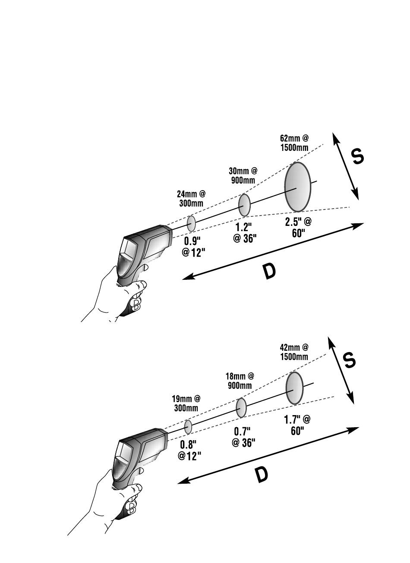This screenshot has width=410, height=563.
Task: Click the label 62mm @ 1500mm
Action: (x=294, y=143)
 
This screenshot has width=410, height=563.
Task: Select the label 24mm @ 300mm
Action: (x=191, y=199)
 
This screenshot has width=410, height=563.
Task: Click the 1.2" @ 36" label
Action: (x=244, y=233)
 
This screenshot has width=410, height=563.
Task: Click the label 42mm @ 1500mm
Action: (x=293, y=352)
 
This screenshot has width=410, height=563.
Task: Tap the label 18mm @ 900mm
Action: (x=240, y=381)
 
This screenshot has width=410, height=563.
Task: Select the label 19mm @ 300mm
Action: (x=186, y=403)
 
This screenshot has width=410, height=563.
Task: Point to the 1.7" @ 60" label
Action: (x=297, y=425)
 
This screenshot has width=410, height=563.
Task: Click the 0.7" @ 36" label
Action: (x=243, y=437)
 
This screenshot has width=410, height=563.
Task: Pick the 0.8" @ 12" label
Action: (x=189, y=450)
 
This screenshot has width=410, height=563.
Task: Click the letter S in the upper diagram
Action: (x=358, y=156)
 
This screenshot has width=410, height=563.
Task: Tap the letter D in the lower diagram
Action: (x=261, y=475)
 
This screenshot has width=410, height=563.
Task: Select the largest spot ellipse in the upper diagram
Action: (x=297, y=187)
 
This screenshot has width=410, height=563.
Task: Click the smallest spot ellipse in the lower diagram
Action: (x=188, y=427)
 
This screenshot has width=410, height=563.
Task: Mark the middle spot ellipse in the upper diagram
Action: (x=244, y=205)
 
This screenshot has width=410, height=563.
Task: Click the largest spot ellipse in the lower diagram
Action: (x=295, y=388)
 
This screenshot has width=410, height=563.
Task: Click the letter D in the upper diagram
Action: (x=269, y=272)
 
